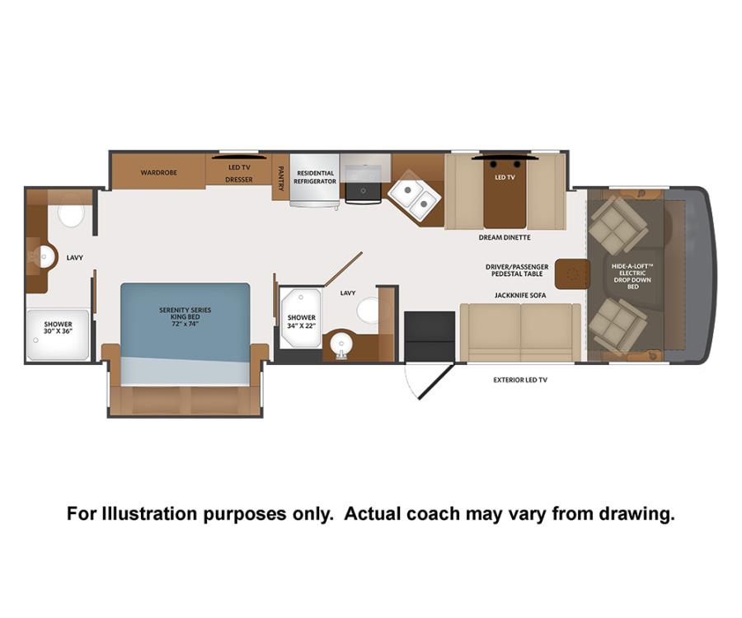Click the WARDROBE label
158,172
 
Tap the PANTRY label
280,178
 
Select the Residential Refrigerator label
315,177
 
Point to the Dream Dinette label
505,237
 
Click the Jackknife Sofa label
520,295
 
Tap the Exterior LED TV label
520,380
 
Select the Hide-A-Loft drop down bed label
632,276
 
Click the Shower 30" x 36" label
59,328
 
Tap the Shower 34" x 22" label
302,321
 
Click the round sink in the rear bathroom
45,257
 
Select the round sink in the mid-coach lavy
340,344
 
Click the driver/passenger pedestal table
572,274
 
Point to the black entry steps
430,336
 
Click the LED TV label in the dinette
505,177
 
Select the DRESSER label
238,180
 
